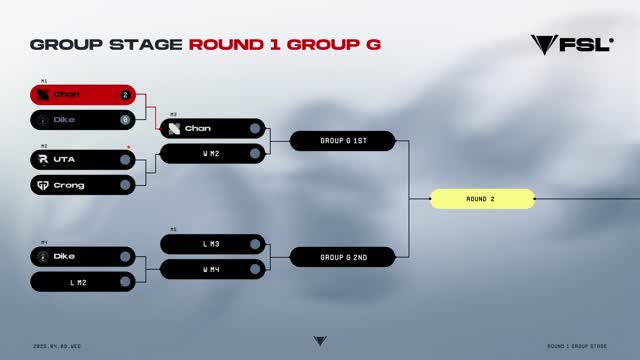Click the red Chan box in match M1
pyautogui.click(x=82, y=95)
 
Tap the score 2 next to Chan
pyautogui.click(x=125, y=95)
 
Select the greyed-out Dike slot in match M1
pyautogui.click(x=82, y=120)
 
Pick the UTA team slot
pyautogui.click(x=82, y=159)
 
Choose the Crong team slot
pyautogui.click(x=82, y=185)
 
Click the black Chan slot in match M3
pyautogui.click(x=212, y=128)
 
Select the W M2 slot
pyautogui.click(x=212, y=153)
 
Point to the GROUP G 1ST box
pyautogui.click(x=343, y=141)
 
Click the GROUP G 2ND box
pyautogui.click(x=343, y=257)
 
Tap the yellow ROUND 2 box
pyautogui.click(x=482, y=199)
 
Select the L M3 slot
pyautogui.click(x=212, y=244)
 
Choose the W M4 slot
pyautogui.click(x=212, y=269)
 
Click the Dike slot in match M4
pyautogui.click(x=82, y=256)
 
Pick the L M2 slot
pyautogui.click(x=82, y=282)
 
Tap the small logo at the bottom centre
pyautogui.click(x=319, y=341)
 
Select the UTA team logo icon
pyautogui.click(x=43, y=159)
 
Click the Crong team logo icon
pyautogui.click(x=43, y=185)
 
